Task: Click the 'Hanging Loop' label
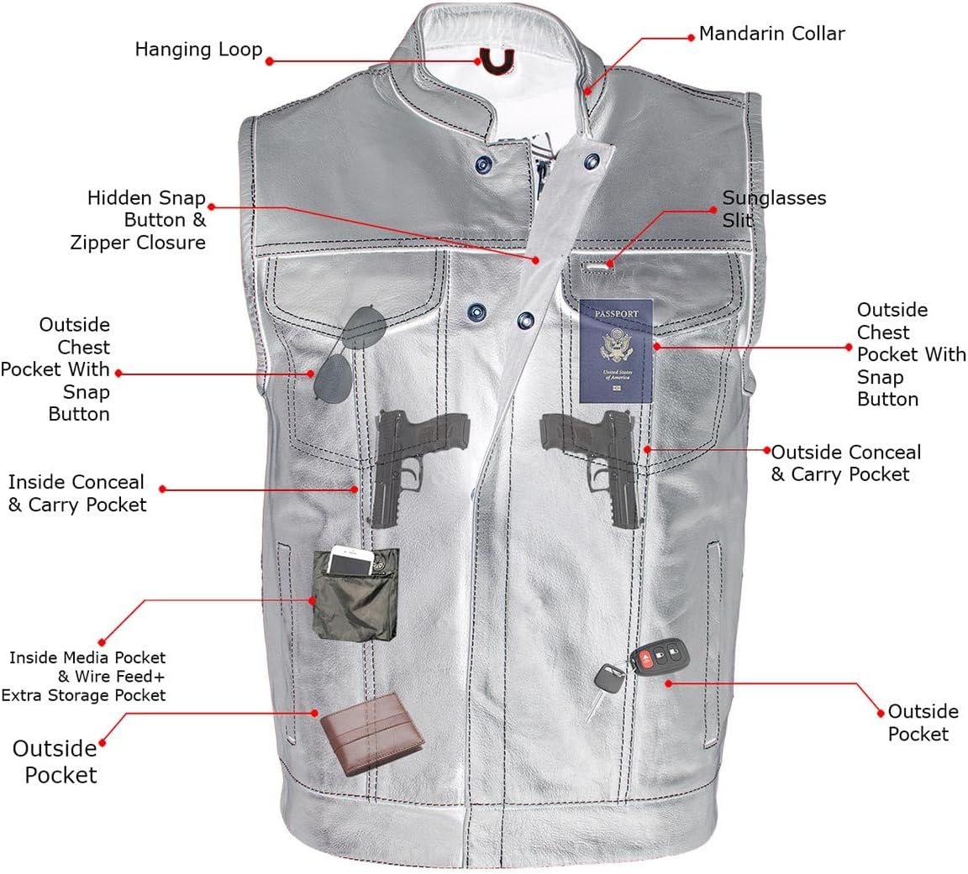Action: (x=198, y=50)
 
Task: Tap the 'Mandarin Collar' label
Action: (x=771, y=34)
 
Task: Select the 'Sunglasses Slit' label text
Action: (x=774, y=209)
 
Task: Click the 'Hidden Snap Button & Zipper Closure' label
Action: (x=146, y=221)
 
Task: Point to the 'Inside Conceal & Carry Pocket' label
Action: (x=76, y=494)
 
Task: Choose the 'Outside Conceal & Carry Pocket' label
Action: (x=845, y=463)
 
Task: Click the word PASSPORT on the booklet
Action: (x=617, y=314)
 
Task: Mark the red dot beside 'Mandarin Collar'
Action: (x=692, y=36)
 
